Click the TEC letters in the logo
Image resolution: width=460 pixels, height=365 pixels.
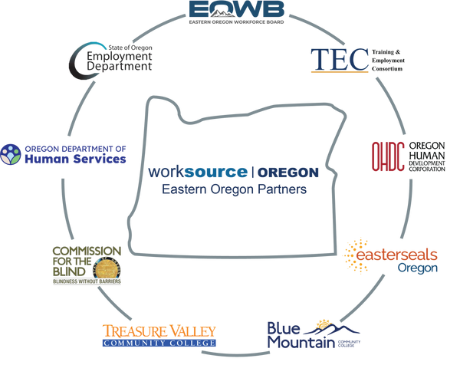click(x=331, y=58)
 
